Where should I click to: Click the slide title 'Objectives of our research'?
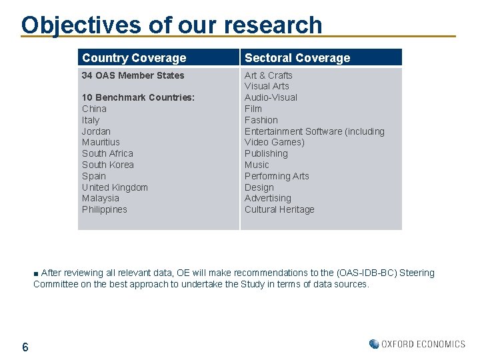171,25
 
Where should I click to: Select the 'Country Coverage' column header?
134,58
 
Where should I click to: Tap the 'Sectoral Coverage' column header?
297,58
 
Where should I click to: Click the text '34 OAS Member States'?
133,75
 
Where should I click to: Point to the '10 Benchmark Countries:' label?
138,97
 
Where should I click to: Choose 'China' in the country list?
94,109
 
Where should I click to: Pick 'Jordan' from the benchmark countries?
96,131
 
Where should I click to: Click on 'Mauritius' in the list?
101,142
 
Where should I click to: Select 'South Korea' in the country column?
107,165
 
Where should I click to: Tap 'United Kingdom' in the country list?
115,187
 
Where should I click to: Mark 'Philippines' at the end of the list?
104,209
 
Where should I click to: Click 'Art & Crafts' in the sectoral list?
268,75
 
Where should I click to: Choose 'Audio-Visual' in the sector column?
271,97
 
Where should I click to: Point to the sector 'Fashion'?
261,120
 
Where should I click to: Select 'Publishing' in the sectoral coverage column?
266,153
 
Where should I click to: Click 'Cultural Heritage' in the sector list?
279,209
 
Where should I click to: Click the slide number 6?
25,347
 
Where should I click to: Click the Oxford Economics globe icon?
374,344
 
